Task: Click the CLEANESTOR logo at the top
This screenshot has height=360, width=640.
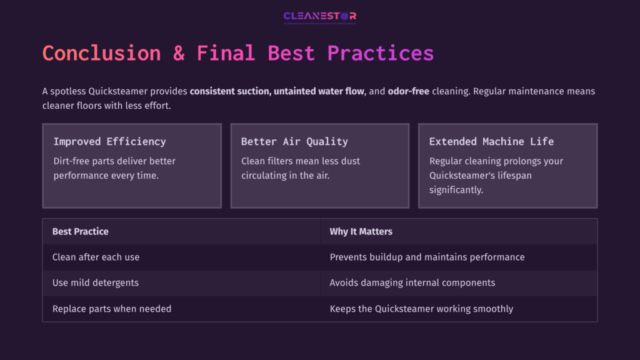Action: point(319,16)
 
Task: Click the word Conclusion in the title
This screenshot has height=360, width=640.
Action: point(101,53)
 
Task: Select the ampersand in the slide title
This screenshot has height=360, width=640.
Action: point(179,53)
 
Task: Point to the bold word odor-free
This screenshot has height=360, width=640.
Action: point(408,91)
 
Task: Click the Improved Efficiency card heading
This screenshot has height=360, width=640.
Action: point(110,141)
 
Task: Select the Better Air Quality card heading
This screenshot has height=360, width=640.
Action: point(294,141)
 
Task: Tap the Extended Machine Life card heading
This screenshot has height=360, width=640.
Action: point(491,141)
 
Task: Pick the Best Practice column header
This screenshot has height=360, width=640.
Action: point(80,231)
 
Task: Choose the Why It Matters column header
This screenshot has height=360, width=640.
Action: point(361,231)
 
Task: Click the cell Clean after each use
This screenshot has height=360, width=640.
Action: point(96,257)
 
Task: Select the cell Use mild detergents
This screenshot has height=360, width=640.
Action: point(95,282)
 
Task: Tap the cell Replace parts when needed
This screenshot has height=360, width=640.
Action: point(111,309)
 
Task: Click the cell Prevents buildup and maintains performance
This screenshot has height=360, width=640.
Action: point(427,257)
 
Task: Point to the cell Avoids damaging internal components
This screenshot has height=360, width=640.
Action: point(412,282)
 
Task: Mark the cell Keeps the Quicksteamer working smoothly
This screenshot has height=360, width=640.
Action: point(421,309)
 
